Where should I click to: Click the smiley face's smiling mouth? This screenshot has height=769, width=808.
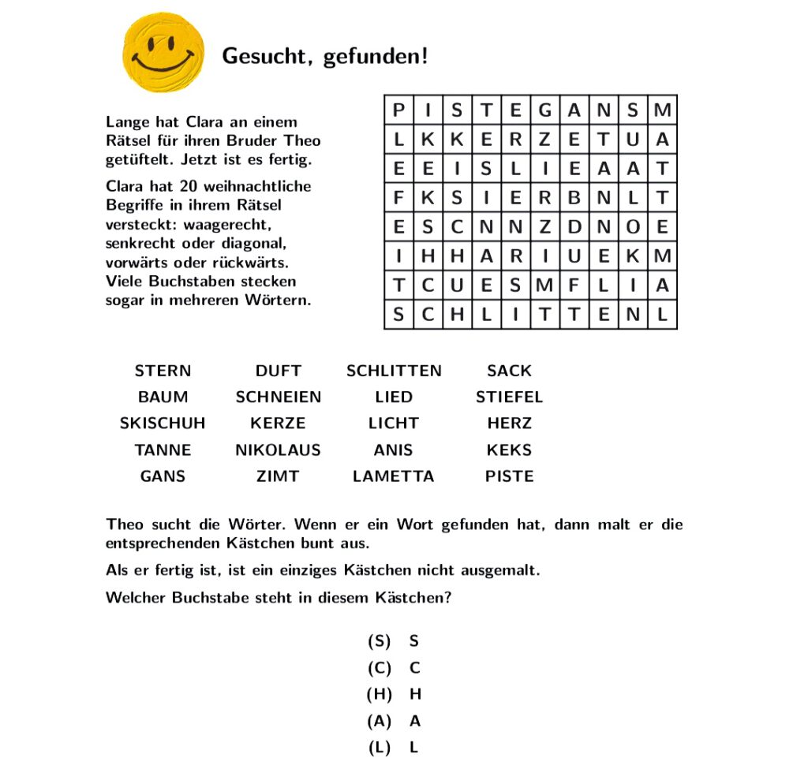(163, 62)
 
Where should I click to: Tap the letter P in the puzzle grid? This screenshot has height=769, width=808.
(398, 110)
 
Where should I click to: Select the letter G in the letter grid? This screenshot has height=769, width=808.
(544, 110)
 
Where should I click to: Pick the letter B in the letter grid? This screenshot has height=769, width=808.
(574, 198)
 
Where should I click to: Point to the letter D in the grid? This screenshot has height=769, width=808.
(574, 227)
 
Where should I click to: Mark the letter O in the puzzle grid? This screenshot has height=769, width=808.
(633, 227)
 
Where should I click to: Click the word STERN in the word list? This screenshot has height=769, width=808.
(163, 371)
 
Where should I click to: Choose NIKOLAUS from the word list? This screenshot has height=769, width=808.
(278, 450)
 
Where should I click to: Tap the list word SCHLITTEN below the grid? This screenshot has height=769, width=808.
(394, 371)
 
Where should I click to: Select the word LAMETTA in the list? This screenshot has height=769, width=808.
(393, 476)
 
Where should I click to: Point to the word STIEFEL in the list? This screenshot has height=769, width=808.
(509, 397)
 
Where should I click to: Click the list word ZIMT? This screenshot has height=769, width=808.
(278, 476)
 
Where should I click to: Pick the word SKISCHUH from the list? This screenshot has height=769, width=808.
(163, 424)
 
